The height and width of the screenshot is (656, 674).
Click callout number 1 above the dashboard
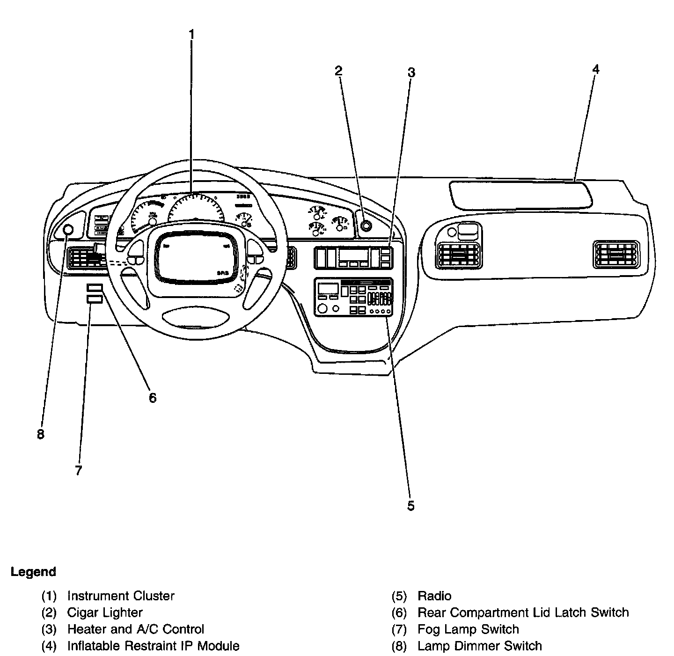pyautogui.click(x=191, y=34)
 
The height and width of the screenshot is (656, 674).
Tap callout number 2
pyautogui.click(x=338, y=71)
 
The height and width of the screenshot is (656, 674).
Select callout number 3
pyautogui.click(x=411, y=73)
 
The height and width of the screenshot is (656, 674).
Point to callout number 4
pyautogui.click(x=595, y=69)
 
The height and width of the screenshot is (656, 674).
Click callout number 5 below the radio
pyautogui.click(x=410, y=506)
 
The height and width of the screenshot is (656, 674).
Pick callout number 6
pyautogui.click(x=153, y=398)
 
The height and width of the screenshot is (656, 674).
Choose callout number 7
pyautogui.click(x=78, y=470)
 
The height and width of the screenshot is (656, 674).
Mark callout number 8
pyautogui.click(x=41, y=434)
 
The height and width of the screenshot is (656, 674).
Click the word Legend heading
pyautogui.click(x=33, y=572)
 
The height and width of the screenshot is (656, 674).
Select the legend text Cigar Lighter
pyautogui.click(x=105, y=612)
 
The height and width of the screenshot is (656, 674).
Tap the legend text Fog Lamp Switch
pyautogui.click(x=468, y=629)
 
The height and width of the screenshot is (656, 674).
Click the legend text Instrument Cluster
pyautogui.click(x=121, y=596)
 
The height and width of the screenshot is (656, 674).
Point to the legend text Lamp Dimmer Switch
pyautogui.click(x=479, y=646)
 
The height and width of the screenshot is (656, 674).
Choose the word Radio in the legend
pyautogui.click(x=434, y=596)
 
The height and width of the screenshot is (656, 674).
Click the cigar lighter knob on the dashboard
pyautogui.click(x=366, y=226)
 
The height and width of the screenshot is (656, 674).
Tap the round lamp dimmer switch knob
pyautogui.click(x=68, y=230)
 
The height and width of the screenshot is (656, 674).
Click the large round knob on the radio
pyautogui.click(x=322, y=308)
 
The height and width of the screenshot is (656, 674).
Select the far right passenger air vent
pyautogui.click(x=615, y=255)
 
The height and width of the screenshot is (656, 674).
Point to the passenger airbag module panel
pyautogui.click(x=520, y=194)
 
